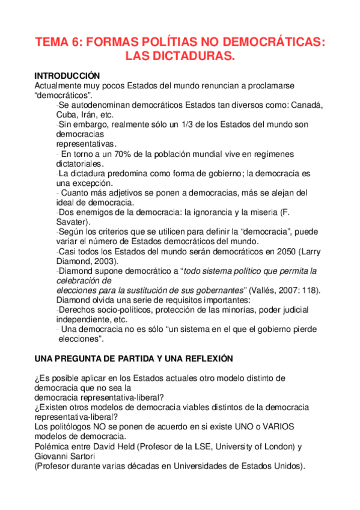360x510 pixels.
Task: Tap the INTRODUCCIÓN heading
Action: click(x=66, y=76)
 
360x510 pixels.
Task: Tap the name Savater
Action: click(x=72, y=222)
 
